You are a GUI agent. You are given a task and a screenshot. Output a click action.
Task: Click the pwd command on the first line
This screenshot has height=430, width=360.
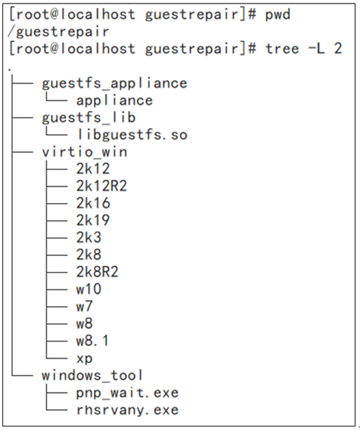pos(277,15)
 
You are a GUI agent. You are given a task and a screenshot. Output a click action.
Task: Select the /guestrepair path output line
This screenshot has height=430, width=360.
pos(59,32)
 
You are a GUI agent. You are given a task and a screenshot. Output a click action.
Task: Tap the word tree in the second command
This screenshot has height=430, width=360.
pos(282,49)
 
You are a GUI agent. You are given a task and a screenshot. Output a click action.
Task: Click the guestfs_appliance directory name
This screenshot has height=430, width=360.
pos(114,83)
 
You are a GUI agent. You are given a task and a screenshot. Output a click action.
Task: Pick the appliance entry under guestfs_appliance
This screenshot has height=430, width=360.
pos(114,101)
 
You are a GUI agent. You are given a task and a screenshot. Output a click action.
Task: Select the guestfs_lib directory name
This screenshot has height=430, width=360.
pos(89,117)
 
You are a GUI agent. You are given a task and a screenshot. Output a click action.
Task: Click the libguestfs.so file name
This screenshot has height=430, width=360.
pos(132,135)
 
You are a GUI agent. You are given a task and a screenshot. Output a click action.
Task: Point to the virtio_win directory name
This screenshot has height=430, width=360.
pos(85,152)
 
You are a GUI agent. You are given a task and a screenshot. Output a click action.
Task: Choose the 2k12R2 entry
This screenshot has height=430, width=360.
pos(101,186)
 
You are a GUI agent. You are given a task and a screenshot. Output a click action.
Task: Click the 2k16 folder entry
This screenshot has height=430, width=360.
pos(93,203)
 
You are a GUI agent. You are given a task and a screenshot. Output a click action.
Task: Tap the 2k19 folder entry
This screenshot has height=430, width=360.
pos(93,220)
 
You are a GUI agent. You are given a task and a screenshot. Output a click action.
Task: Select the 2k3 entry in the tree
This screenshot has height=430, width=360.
pos(89,238)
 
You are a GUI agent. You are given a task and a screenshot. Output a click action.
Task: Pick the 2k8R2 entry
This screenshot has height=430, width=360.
pos(97,272)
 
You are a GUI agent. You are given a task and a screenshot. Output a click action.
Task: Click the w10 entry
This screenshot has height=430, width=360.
pos(89,289)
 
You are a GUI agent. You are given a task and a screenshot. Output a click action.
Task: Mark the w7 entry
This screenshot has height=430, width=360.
pos(84,306)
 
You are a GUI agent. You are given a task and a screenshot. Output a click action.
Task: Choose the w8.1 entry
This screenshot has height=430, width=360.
pos(93,341)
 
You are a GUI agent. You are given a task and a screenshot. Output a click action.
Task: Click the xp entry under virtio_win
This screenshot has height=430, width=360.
pos(84,359)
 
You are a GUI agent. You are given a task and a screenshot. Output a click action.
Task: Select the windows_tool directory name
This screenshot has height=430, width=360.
pos(92,375)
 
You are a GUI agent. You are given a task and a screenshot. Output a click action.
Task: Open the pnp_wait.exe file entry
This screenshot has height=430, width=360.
pos(127,393)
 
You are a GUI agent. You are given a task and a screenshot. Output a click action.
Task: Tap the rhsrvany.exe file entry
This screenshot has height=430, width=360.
pos(127,410)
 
